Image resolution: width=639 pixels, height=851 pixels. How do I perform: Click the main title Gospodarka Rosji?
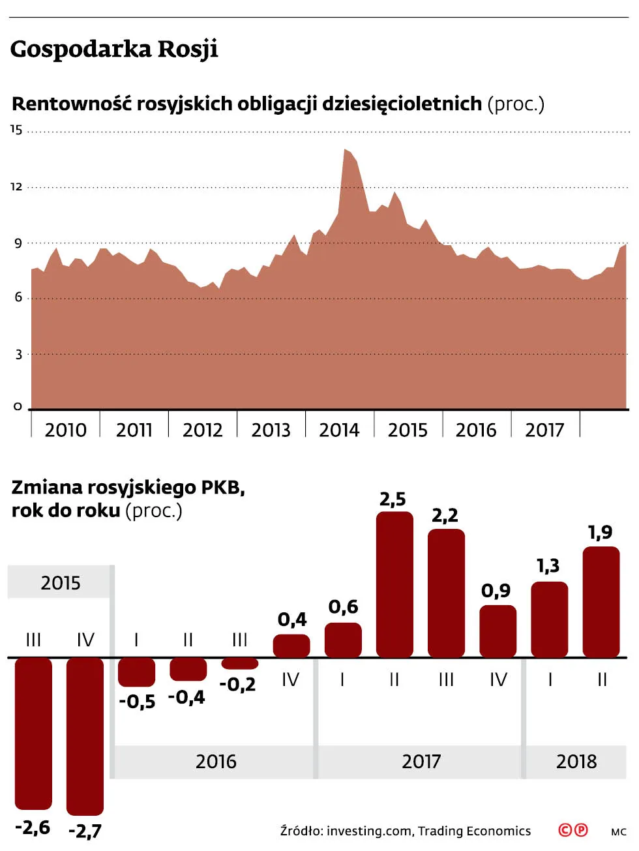point(114,50)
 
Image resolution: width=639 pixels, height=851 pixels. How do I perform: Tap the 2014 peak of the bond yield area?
point(346,151)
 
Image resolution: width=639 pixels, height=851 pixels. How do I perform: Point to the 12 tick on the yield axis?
point(16,187)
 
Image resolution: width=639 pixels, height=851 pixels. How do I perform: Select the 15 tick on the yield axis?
point(16,130)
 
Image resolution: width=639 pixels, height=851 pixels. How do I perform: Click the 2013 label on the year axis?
point(271,430)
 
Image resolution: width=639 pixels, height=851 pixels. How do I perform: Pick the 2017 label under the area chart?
point(544,430)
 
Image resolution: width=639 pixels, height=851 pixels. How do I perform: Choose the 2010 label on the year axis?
point(65,430)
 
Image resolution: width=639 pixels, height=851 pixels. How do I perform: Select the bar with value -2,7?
point(85,736)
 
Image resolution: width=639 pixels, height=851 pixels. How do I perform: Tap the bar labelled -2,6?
point(33,733)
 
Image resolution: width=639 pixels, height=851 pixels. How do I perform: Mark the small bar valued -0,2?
point(240,664)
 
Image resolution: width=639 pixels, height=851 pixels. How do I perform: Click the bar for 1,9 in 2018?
point(601,601)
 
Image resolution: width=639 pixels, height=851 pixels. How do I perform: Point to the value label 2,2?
point(445,516)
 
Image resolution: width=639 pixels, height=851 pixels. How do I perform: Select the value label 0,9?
point(496,591)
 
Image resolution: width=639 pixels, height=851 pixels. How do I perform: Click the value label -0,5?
point(137,702)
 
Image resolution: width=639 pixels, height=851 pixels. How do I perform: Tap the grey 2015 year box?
point(60,582)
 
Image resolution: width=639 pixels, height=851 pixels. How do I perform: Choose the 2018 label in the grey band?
point(576,762)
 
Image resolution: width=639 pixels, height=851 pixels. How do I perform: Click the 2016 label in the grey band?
point(216,762)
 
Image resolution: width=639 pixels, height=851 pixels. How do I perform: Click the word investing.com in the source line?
point(369,831)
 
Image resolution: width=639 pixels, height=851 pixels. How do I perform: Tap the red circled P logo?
point(580,830)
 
